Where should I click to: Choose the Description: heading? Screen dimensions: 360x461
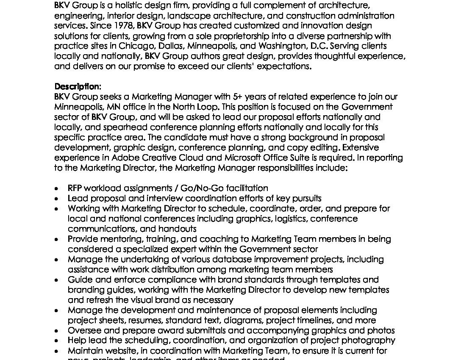pos(78,86)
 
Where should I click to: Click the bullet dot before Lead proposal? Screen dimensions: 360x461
pos(57,199)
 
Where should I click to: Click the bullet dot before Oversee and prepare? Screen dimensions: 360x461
pos(57,331)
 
